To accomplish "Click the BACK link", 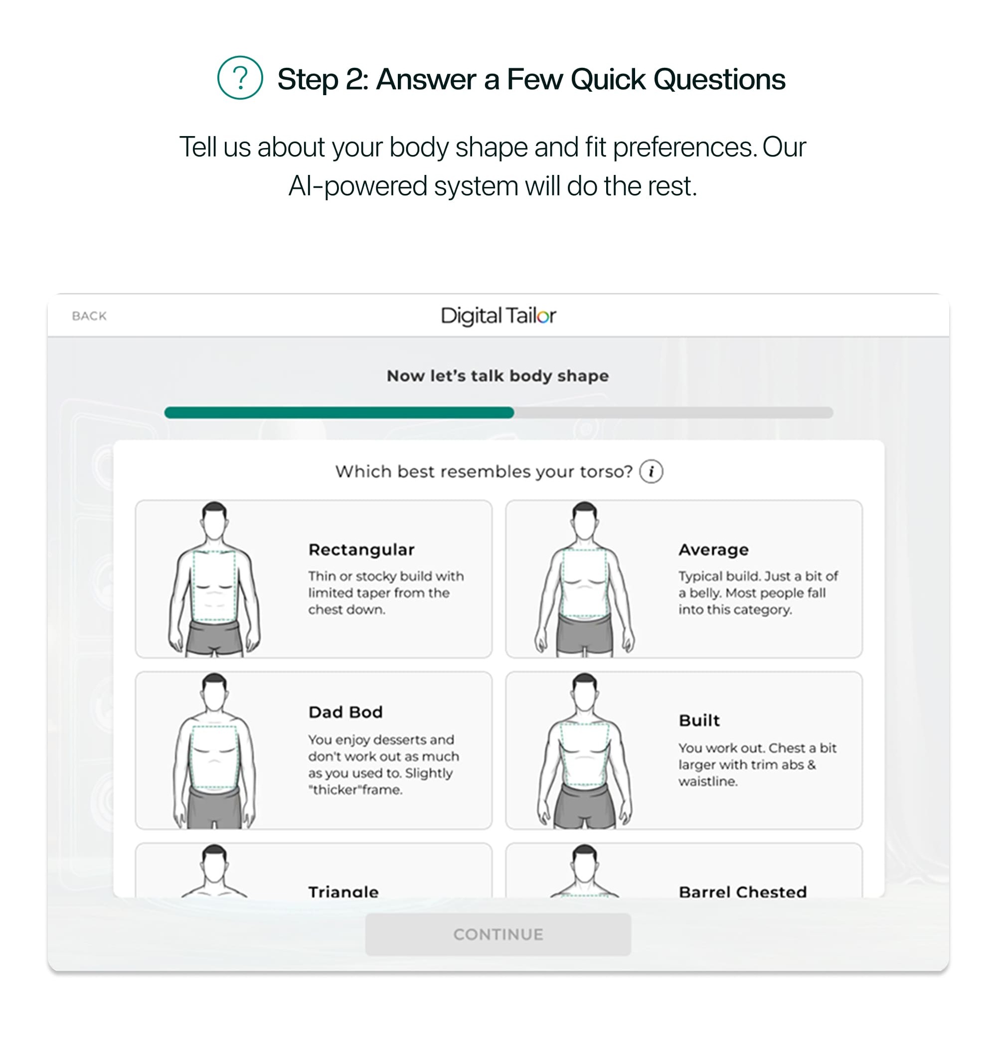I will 89,316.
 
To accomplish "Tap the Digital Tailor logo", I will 498,316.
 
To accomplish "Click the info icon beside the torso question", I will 651,472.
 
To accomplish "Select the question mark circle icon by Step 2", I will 240,78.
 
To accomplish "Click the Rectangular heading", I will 361,550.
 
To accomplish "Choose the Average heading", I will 713,550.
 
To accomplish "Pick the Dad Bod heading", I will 345,712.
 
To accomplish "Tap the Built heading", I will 699,721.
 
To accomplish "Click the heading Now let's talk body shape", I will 498,376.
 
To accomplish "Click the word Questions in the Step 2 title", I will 719,79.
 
